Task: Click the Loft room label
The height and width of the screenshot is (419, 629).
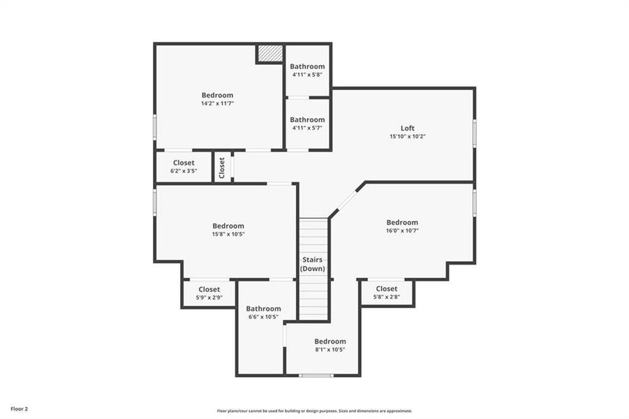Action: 407,128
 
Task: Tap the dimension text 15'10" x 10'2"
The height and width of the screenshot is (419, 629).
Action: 407,137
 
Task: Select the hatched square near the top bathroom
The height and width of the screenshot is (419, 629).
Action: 269,54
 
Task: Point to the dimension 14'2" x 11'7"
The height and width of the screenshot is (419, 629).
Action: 217,103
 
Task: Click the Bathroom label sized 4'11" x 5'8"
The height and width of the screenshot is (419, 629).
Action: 307,66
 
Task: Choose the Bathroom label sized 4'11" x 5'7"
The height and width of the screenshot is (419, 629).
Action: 307,119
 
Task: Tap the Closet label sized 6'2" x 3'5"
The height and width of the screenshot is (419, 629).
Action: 184,163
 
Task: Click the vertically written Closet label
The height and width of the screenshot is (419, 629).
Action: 222,168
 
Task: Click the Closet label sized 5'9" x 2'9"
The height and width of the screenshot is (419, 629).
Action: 209,289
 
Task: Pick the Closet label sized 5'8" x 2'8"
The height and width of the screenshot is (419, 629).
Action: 386,288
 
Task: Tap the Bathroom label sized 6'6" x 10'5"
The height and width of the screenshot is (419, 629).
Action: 263,309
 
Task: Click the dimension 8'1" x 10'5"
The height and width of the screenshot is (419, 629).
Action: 330,349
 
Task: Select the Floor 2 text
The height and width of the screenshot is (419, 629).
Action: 19,408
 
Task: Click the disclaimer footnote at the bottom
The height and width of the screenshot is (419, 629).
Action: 314,411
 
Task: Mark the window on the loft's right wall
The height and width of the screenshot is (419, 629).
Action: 474,133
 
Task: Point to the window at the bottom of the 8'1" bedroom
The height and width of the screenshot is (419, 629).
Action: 316,375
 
